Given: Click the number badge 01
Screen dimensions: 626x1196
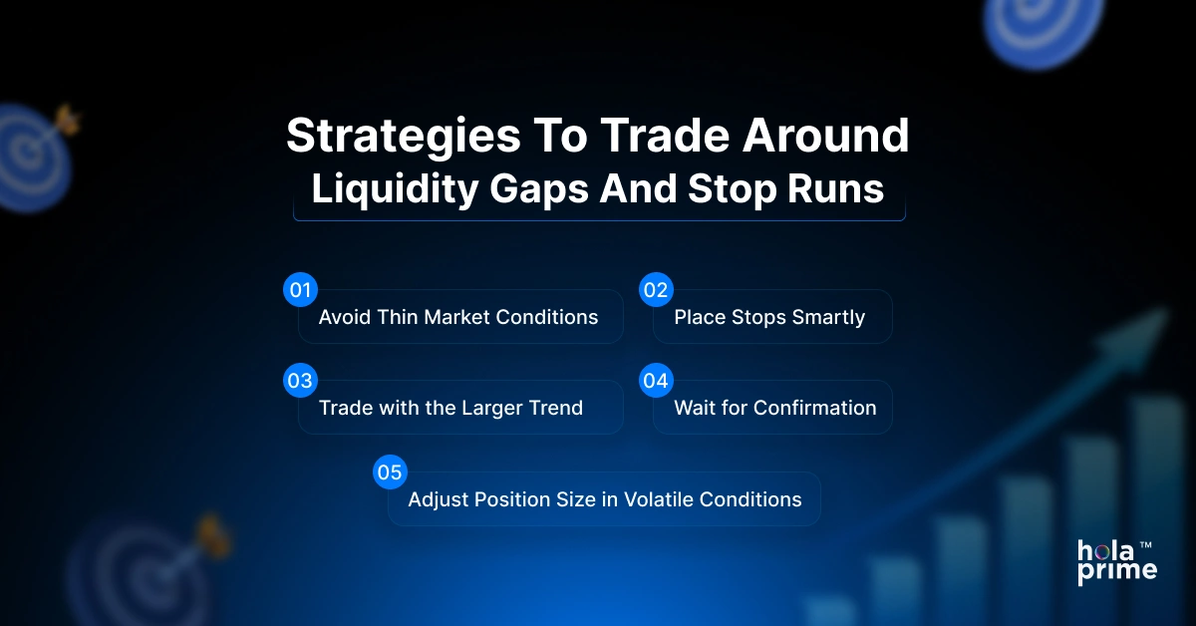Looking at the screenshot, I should [x=299, y=290].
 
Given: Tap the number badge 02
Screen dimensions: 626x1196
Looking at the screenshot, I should [x=655, y=290].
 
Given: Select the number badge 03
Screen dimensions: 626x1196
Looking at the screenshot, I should [x=299, y=381].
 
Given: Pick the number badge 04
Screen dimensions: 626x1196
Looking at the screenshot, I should [x=655, y=381].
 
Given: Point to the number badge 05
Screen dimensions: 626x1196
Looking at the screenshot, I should [x=389, y=472].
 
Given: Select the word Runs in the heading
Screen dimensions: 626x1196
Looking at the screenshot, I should [x=842, y=188].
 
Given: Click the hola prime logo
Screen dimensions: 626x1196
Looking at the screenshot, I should [x=1116, y=561].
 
